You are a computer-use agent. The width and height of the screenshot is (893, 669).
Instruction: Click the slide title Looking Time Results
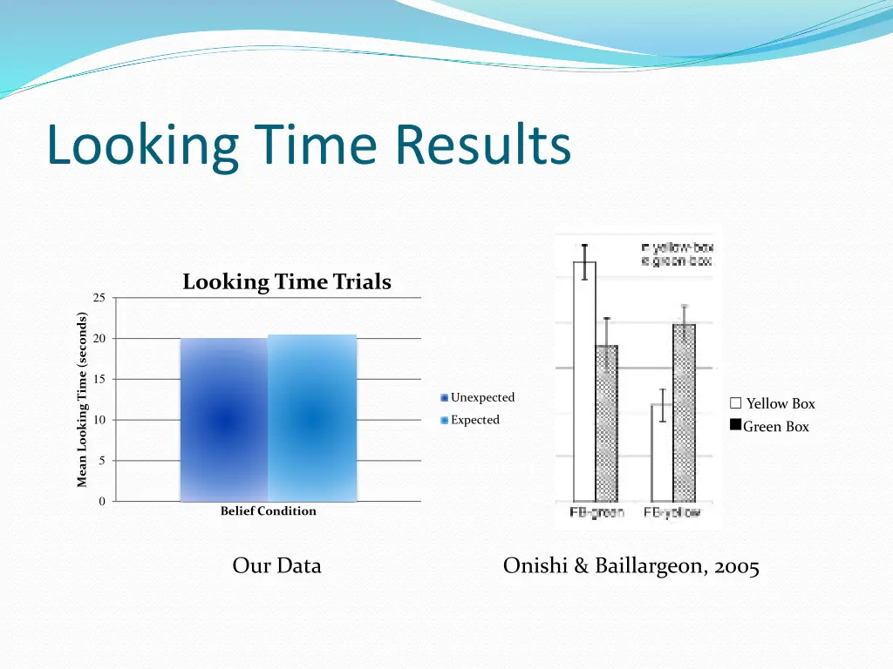click(x=309, y=145)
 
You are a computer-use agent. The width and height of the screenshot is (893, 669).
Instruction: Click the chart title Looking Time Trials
click(x=286, y=282)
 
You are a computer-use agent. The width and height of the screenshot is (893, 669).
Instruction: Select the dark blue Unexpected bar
click(x=223, y=420)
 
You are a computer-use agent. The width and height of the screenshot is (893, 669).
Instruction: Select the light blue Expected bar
click(x=312, y=418)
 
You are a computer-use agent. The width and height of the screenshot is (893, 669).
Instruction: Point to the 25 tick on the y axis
click(x=99, y=298)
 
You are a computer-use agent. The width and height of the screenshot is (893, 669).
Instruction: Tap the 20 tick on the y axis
click(x=99, y=339)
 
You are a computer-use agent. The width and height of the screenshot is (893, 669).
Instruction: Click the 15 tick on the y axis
click(x=99, y=379)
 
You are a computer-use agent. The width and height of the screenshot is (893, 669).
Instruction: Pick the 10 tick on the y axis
click(x=99, y=420)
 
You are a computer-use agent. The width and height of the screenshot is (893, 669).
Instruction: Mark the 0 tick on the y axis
click(x=101, y=501)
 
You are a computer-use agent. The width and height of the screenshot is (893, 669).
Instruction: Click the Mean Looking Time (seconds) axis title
click(x=81, y=400)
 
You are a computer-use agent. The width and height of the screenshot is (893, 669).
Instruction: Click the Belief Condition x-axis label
click(x=268, y=511)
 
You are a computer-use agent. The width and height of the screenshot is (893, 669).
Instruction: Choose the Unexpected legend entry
click(x=481, y=398)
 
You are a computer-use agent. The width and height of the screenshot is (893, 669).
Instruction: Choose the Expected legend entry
click(x=474, y=420)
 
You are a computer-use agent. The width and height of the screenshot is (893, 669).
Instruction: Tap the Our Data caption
click(x=276, y=566)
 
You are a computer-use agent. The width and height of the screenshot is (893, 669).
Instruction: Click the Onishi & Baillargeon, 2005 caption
click(x=631, y=566)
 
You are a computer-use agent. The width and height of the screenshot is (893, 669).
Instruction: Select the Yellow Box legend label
click(x=780, y=404)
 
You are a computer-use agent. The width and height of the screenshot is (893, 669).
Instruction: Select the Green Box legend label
click(x=775, y=427)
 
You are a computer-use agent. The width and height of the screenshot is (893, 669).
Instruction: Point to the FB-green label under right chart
click(x=596, y=512)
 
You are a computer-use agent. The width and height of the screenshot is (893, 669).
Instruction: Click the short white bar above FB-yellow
click(x=662, y=452)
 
